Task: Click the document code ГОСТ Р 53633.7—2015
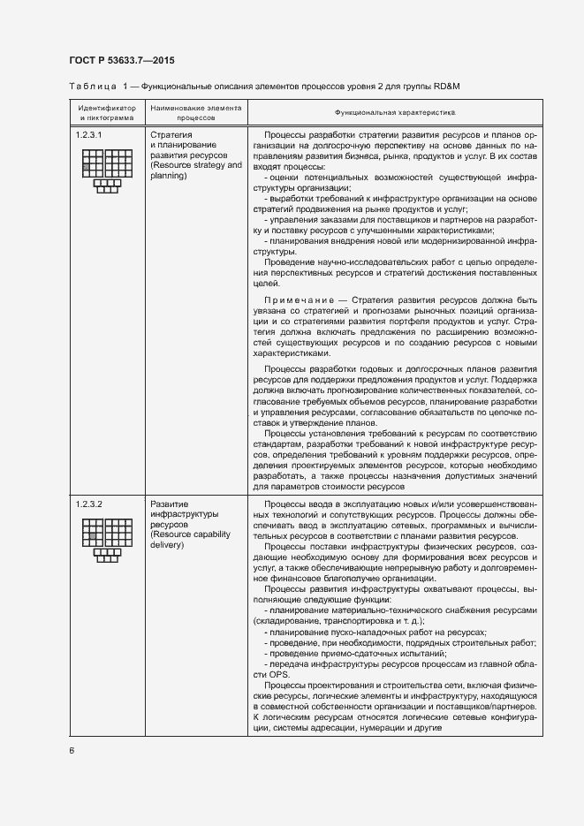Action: (121, 60)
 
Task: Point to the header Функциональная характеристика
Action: (394, 112)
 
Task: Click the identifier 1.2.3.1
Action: (89, 133)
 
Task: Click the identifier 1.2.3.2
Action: (89, 504)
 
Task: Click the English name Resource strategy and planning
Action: (195, 171)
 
